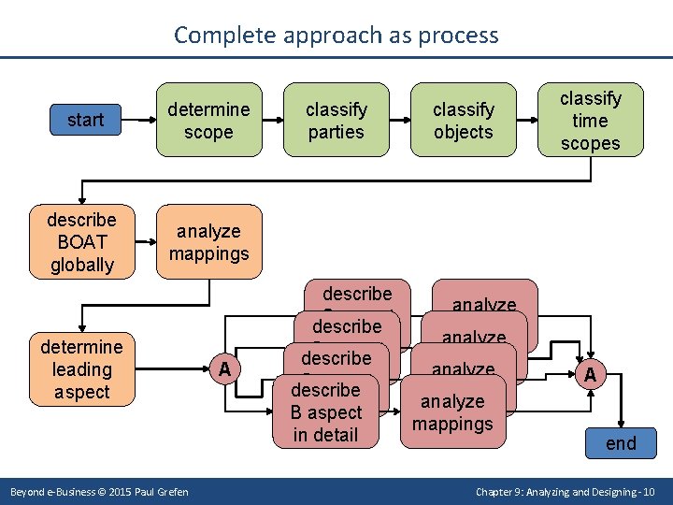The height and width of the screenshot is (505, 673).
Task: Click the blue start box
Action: tap(85, 120)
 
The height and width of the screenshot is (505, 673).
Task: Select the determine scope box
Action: tap(208, 121)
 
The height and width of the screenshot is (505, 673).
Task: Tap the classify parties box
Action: tap(336, 121)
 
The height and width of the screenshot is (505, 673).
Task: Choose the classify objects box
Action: tap(463, 121)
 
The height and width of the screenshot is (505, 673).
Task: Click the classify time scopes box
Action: tap(590, 121)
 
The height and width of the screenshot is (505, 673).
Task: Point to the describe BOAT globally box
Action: tap(81, 242)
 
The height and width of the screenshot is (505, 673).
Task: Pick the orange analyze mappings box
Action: tap(208, 242)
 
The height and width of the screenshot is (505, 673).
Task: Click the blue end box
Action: tap(621, 443)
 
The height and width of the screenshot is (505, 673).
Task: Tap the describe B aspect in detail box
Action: tap(325, 412)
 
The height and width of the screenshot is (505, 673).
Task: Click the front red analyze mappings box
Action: tap(452, 412)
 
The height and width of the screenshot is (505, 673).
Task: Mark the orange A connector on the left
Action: tap(224, 369)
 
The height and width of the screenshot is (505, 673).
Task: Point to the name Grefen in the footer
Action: tap(170, 492)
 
